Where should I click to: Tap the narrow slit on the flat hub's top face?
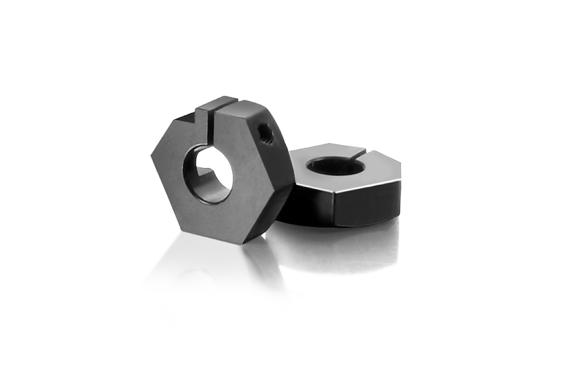(359, 151)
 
